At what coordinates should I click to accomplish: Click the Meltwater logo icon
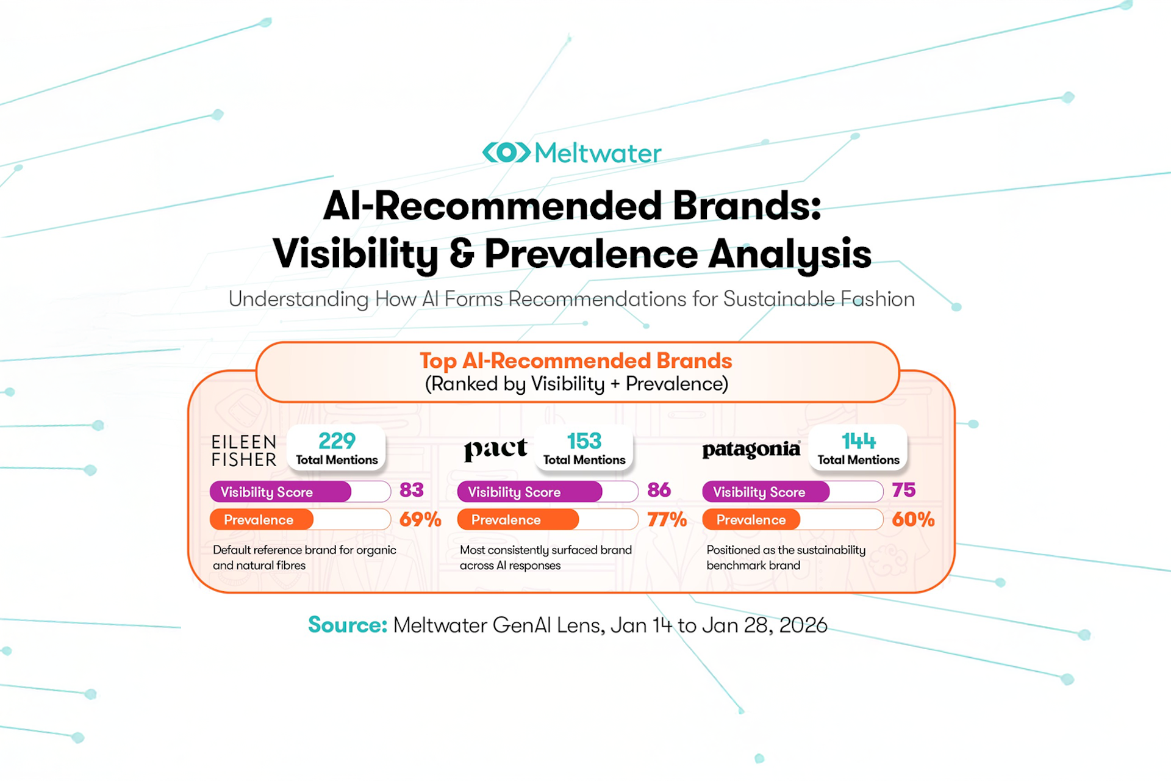506,153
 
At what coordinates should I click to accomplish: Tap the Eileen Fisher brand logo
244,451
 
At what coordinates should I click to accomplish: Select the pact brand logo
495,450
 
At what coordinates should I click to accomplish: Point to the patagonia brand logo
751,450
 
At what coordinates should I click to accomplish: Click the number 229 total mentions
337,441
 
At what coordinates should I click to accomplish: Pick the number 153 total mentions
584,441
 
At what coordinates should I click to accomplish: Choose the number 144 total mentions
859,441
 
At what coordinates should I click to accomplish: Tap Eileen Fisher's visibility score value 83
412,490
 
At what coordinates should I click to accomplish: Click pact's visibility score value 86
659,490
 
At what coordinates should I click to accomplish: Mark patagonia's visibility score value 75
904,490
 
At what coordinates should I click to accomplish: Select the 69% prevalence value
420,519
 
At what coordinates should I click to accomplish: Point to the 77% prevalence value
667,519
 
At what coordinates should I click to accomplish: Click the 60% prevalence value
913,519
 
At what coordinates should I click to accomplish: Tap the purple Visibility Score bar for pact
529,492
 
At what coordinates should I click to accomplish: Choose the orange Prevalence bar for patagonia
751,520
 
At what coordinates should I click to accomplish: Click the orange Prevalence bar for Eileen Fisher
261,520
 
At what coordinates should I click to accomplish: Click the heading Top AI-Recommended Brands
576,361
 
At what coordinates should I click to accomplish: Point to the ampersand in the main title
462,254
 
